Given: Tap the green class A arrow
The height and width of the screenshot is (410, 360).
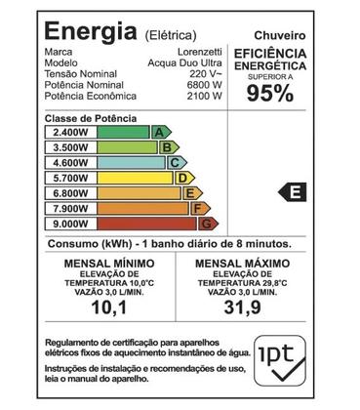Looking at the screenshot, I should click(x=159, y=132).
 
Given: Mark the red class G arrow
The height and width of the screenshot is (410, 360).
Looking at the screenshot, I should click(x=206, y=224).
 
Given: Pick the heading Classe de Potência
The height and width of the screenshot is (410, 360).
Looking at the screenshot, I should click(x=91, y=118).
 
